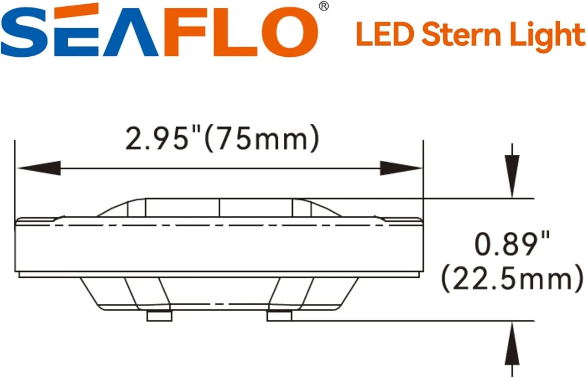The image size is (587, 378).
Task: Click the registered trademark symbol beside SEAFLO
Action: pyautogui.click(x=324, y=7)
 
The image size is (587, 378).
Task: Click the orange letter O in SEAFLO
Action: pyautogui.click(x=290, y=32)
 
